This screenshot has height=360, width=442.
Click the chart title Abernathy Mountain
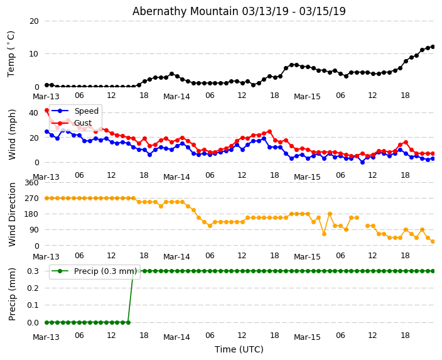[239, 11]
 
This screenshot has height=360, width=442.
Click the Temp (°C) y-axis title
[11, 53]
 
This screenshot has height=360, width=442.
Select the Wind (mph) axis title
[12, 134]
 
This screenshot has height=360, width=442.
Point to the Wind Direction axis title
[12, 214]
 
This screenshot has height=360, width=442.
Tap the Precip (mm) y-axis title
[12, 293]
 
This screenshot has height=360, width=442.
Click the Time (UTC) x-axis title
[239, 349]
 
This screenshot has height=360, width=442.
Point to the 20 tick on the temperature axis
[33, 21]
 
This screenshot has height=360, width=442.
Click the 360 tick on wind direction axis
[31, 182]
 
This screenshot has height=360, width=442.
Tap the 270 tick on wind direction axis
[31, 198]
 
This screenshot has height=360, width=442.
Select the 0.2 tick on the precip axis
[31, 288]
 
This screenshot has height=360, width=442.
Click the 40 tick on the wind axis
[33, 112]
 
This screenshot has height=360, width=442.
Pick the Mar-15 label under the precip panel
[307, 337]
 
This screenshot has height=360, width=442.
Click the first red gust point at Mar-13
[46, 111]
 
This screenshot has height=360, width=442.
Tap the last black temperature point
[433, 46]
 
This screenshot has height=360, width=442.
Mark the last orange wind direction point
[433, 241]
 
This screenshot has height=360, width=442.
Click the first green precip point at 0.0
[46, 322]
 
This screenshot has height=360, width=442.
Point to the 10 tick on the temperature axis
[33, 53]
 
